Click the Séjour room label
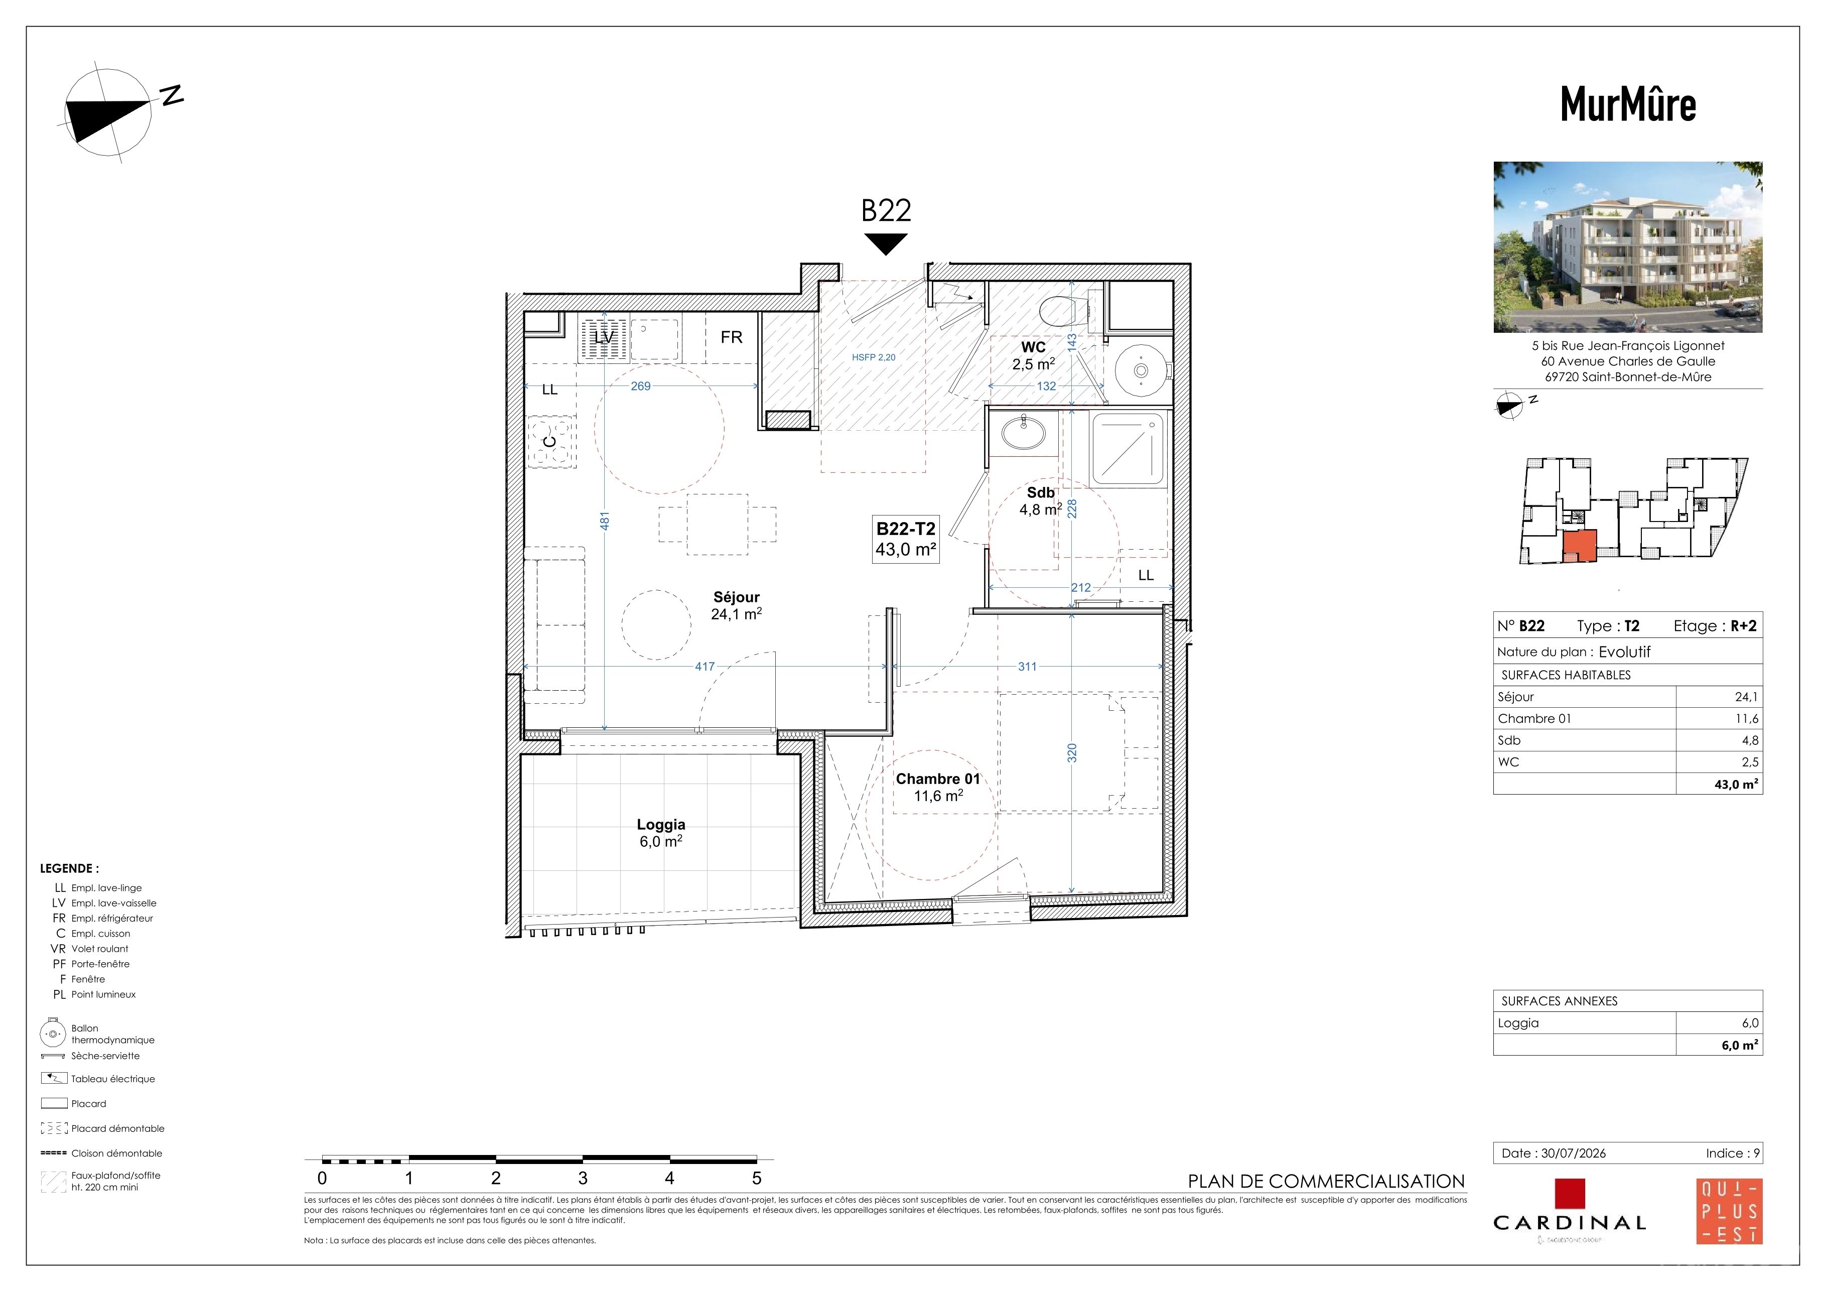pos(736,597)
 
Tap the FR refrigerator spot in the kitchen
pos(731,337)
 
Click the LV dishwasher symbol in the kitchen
pos(604,338)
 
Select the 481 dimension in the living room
pos(605,521)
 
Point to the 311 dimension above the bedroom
pos(1027,666)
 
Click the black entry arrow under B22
pos(886,244)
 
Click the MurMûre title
pos(1628,104)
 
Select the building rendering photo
pos(1628,247)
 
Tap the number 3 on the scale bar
pos(583,1178)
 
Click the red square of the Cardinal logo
pos(1570,1193)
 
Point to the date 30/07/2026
pos(1573,1152)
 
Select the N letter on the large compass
pos(173,95)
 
